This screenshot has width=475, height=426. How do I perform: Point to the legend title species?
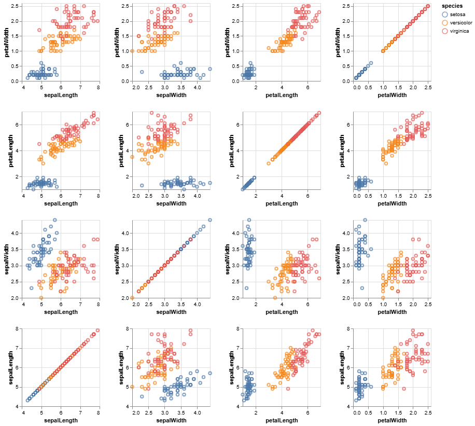(x=452, y=6)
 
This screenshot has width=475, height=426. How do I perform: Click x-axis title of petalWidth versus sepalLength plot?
(x=61, y=95)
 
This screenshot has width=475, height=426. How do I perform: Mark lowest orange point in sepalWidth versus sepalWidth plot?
(x=132, y=298)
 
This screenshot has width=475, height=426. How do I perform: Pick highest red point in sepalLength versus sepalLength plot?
(x=98, y=330)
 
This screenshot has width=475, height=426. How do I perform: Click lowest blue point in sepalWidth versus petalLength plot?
(x=246, y=288)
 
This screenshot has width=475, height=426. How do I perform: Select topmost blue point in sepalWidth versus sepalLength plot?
(x=55, y=220)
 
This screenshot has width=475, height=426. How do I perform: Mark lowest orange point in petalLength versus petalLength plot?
(x=269, y=163)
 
